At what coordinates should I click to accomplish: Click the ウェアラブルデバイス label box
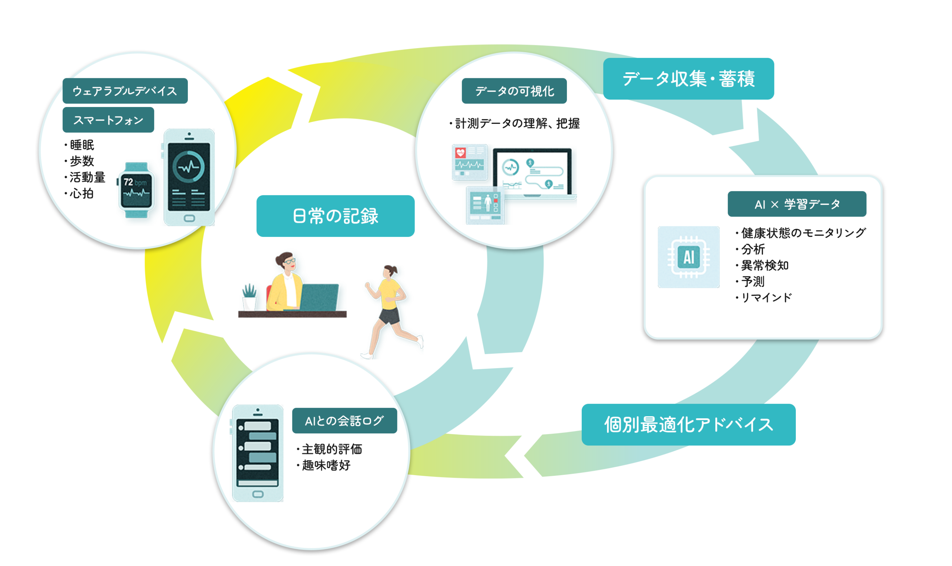click(125, 91)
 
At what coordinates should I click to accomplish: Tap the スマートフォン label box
click(108, 120)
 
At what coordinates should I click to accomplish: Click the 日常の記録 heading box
click(335, 216)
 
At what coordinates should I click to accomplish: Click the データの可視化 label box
click(514, 91)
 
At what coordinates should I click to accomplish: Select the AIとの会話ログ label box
click(344, 420)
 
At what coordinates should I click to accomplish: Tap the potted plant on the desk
click(249, 297)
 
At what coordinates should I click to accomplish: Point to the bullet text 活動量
click(87, 177)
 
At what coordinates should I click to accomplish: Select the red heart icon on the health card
click(460, 153)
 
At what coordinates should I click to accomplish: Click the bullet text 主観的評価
click(331, 449)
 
